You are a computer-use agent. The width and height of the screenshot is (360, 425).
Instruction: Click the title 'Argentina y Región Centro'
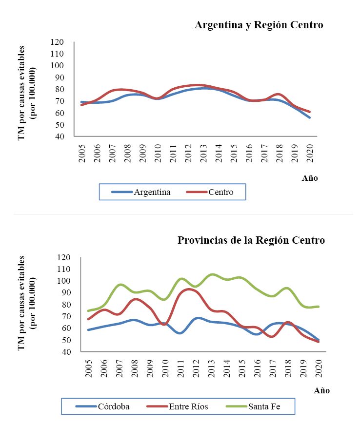point(259,25)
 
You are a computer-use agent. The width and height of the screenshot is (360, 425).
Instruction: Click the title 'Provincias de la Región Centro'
point(251,240)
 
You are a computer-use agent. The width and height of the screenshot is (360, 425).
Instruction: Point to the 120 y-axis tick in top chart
point(57,42)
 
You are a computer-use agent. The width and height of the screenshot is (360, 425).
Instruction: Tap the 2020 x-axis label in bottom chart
point(320,365)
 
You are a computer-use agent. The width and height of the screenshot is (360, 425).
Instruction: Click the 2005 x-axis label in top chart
point(82,149)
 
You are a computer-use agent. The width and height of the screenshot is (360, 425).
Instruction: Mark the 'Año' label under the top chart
point(310,178)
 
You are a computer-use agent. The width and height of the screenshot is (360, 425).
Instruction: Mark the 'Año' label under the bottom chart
point(321,390)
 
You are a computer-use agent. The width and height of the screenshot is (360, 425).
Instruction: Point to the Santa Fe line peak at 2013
point(212,274)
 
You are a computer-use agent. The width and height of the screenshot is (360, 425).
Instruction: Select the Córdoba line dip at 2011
point(180,333)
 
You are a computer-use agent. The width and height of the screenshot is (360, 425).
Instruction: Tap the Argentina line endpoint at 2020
point(309,117)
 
